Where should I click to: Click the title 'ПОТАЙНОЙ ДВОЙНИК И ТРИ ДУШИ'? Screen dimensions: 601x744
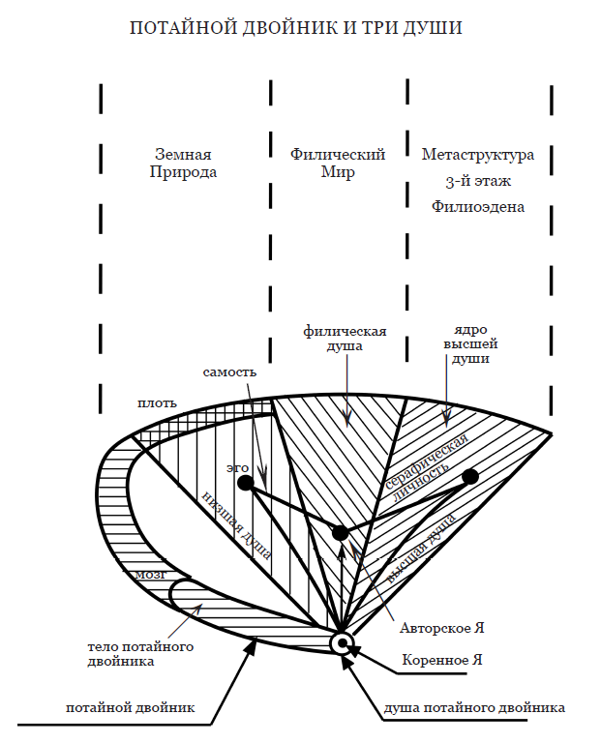pyautogui.click(x=296, y=27)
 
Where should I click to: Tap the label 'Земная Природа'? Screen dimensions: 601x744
pyautogui.click(x=183, y=163)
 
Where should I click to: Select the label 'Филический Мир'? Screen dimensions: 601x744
pyautogui.click(x=338, y=163)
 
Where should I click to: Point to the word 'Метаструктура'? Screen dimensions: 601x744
pyautogui.click(x=478, y=155)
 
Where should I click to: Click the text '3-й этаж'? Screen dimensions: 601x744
pyautogui.click(x=478, y=181)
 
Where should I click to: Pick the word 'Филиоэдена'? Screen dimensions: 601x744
pyautogui.click(x=478, y=207)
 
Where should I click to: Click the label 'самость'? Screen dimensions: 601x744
pyautogui.click(x=229, y=372)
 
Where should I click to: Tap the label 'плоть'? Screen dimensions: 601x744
pyautogui.click(x=157, y=403)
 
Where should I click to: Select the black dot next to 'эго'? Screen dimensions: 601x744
pyautogui.click(x=246, y=484)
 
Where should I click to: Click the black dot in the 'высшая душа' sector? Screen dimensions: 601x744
pyautogui.click(x=470, y=477)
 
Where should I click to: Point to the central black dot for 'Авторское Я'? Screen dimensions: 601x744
pyautogui.click(x=340, y=533)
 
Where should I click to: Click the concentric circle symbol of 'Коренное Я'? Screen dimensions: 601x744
pyautogui.click(x=342, y=643)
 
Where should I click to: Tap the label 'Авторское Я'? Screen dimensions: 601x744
pyautogui.click(x=441, y=628)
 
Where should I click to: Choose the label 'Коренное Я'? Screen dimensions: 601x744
pyautogui.click(x=442, y=660)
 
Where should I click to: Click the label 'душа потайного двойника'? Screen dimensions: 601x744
pyautogui.click(x=474, y=708)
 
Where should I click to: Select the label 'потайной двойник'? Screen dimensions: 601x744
pyautogui.click(x=130, y=708)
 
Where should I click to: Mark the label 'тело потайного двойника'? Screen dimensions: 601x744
pyautogui.click(x=140, y=654)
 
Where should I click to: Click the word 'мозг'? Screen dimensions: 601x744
pyautogui.click(x=151, y=575)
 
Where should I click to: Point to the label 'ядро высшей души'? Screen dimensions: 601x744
pyautogui.click(x=470, y=343)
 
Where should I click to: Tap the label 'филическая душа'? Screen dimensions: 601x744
pyautogui.click(x=345, y=339)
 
